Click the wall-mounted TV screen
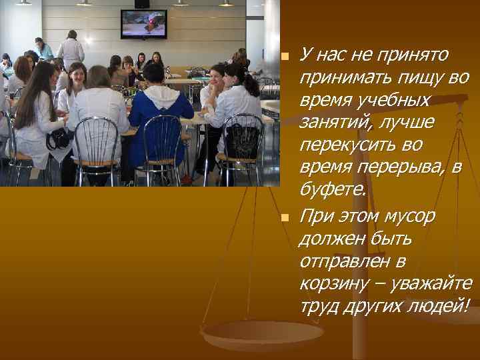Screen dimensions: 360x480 coord(143,25)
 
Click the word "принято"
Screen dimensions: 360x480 coord(419,54)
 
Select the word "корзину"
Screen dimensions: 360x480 coord(334,284)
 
